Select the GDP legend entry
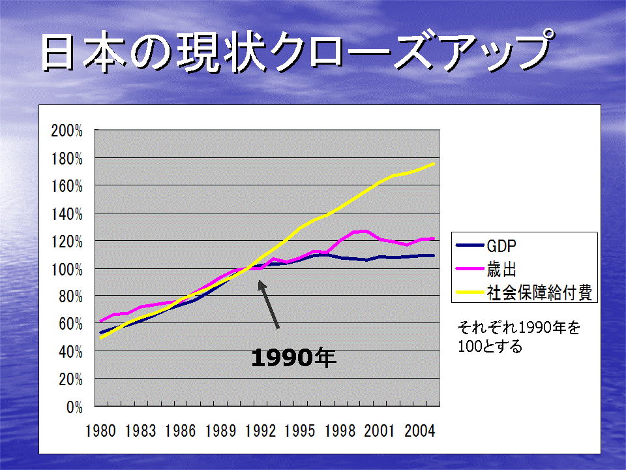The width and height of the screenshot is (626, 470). [x=486, y=245]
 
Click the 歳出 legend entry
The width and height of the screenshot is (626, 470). [x=486, y=269]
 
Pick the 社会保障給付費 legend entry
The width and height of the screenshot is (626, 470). [x=524, y=292]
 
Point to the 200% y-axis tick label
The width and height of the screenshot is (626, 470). [x=67, y=131]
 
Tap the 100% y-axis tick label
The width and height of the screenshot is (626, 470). [x=67, y=270]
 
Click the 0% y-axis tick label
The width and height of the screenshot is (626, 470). [x=74, y=407]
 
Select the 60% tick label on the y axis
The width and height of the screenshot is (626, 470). [x=70, y=324]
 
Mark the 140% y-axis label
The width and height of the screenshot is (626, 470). [x=67, y=215]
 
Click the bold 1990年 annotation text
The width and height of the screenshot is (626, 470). [x=294, y=357]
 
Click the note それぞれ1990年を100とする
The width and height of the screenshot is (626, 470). [x=518, y=337]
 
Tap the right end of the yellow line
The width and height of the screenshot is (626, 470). [x=434, y=164]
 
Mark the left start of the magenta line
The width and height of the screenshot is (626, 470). [x=100, y=321]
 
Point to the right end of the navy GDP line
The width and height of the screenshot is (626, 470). [x=434, y=255]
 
